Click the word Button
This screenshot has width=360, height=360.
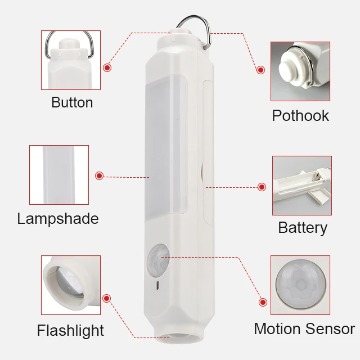coord(72,102)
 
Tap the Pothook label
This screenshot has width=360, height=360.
coord(300,116)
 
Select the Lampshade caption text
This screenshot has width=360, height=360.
coord(58,218)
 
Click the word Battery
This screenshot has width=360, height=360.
coord(303,228)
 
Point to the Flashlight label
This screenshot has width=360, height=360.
coord(71,330)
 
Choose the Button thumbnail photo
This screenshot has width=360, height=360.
coord(71,60)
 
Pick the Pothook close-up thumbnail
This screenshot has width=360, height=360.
coord(300,71)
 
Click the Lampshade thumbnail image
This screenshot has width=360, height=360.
coord(59,175)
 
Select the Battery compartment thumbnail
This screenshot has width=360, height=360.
coord(302,186)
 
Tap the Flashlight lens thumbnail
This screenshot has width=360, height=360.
coord(71,285)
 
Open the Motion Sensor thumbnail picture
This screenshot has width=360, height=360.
coord(300,285)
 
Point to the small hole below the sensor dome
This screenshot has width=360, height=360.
coord(157,285)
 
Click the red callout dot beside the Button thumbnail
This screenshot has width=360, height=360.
coord(107,67)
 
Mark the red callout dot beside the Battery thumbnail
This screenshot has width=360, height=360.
coord(262,187)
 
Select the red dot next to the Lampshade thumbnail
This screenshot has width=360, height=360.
coord(100,176)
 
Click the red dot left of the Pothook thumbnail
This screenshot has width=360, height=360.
coord(260,70)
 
